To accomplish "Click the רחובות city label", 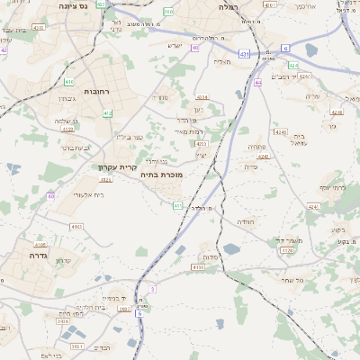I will [x=96, y=91].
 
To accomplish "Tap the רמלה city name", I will [x=227, y=6].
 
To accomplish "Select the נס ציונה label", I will [x=74, y=6].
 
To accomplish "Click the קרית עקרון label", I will [x=116, y=166].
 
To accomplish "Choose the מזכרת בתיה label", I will [x=161, y=175].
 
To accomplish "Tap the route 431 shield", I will [x=244, y=54].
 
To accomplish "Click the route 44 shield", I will [x=258, y=82].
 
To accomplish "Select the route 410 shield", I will [x=69, y=81].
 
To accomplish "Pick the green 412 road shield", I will [x=108, y=112].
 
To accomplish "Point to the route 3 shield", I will [x=153, y=288].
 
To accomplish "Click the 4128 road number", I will [x=287, y=249].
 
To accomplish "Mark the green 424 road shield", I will [x=293, y=66].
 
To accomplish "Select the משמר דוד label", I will [x=288, y=240].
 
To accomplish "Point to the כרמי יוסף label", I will [x=332, y=187].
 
